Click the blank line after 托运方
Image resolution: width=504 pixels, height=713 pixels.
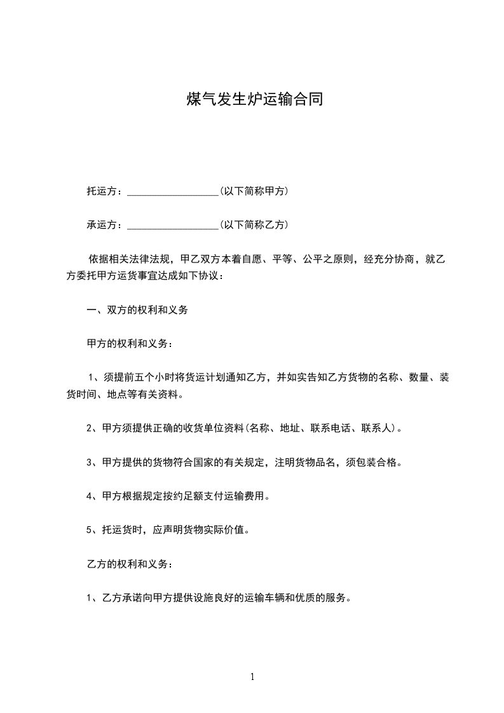[173, 191]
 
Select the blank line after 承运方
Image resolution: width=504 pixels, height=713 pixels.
[173, 225]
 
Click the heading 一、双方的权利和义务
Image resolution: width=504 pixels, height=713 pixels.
[137, 311]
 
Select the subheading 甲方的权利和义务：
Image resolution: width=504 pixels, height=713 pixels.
[129, 344]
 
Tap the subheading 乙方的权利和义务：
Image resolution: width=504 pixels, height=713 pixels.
[129, 564]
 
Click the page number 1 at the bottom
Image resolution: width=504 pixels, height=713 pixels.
[252, 677]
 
